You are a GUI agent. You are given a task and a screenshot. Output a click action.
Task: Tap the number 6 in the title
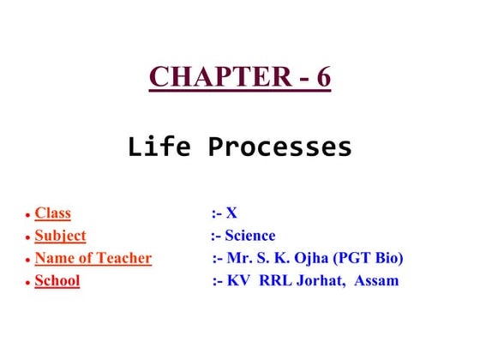pos(322,76)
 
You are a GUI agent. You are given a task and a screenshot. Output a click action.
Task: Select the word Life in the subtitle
pos(154,147)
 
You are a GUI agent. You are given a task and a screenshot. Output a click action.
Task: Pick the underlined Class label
pos(52,213)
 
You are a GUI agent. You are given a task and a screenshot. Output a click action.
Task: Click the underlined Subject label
pos(60,236)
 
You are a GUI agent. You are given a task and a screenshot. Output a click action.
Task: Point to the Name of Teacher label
pos(93,258)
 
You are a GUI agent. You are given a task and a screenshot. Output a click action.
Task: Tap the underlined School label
pos(57,280)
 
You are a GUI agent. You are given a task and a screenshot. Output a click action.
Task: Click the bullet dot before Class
pos(27,216)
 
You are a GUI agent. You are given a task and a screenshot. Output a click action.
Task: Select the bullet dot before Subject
pos(27,238)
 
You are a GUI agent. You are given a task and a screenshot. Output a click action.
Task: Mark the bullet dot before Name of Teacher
pos(27,261)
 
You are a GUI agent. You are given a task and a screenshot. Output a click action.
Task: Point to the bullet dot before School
pos(27,283)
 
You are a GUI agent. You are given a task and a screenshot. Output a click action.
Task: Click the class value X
pos(231,213)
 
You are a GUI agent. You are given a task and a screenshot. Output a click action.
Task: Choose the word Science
pos(250,236)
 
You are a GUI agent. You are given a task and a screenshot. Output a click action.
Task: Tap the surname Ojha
pos(312,258)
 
